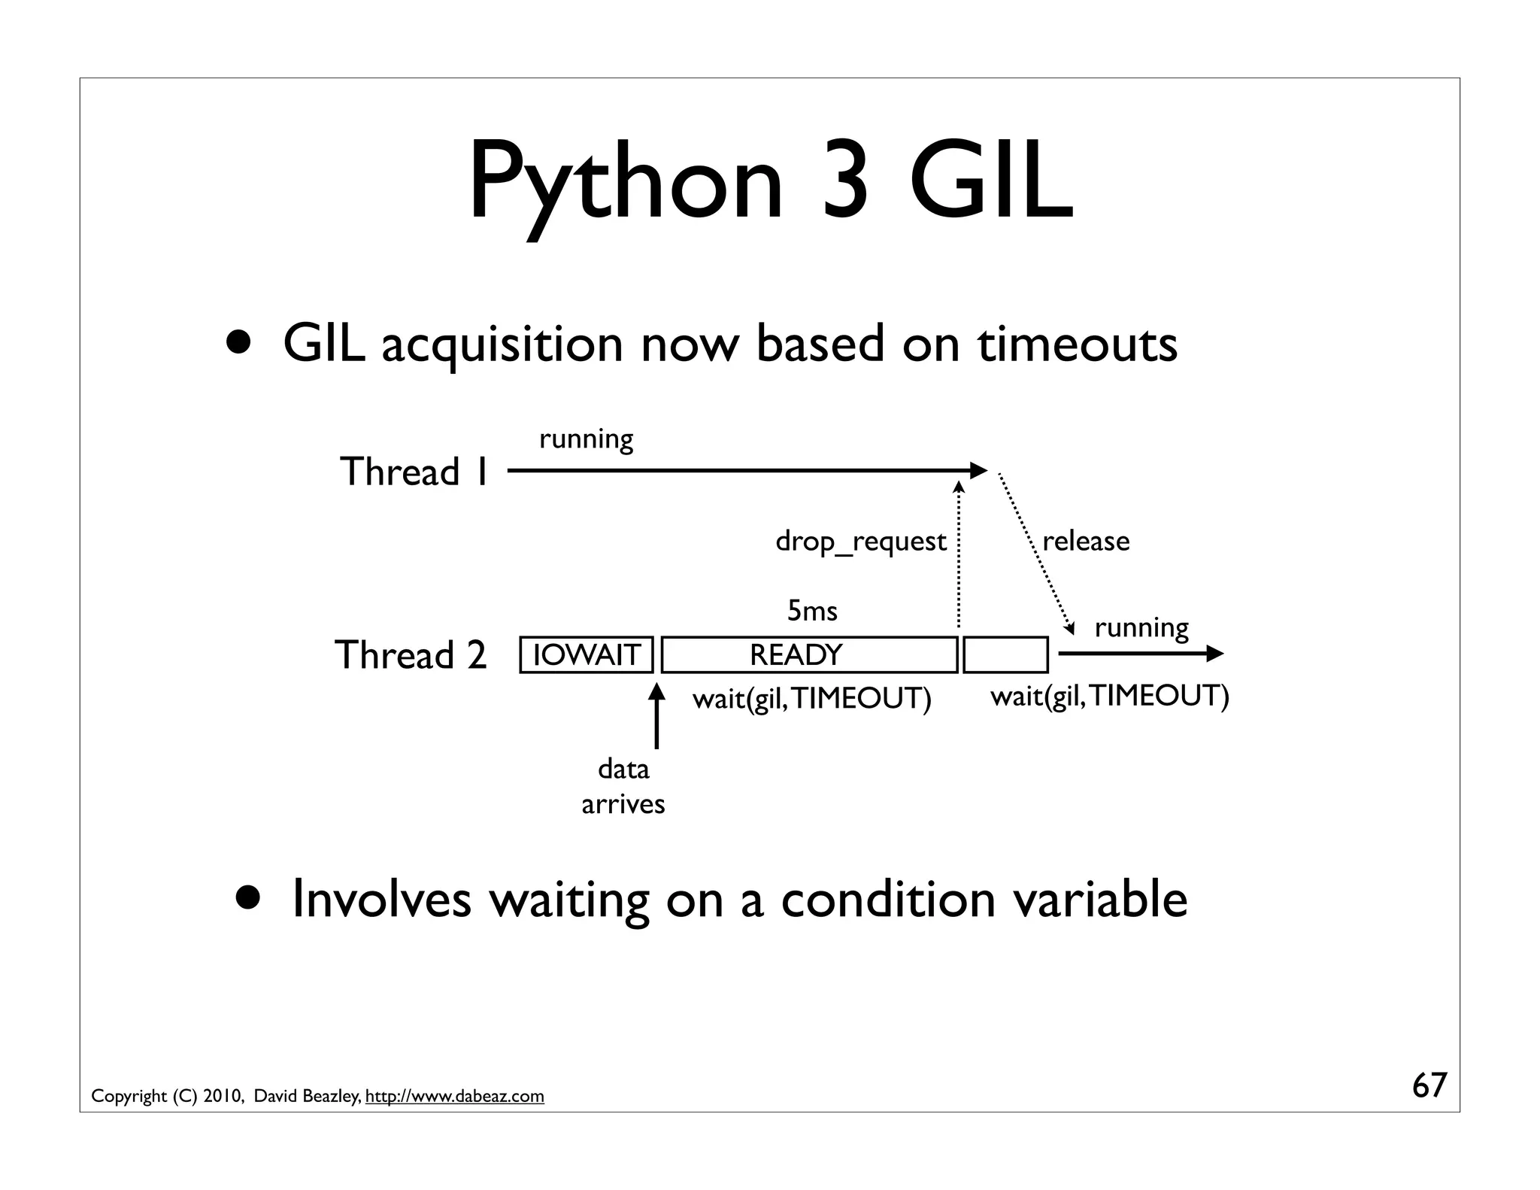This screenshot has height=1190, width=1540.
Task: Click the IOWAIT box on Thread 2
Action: tap(586, 654)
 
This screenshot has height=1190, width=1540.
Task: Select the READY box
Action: tap(809, 654)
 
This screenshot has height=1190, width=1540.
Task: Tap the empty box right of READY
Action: tap(1005, 654)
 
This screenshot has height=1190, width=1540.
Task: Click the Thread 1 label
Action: tap(415, 472)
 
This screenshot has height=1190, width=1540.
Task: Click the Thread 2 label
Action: tap(411, 654)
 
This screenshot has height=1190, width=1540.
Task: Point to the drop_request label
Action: tap(860, 542)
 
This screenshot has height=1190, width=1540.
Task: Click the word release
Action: tap(1085, 542)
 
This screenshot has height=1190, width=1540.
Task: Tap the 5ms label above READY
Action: tap(812, 610)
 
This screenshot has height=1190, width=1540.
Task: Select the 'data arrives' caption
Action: tap(623, 787)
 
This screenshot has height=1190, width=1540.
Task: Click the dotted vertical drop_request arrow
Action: tap(959, 557)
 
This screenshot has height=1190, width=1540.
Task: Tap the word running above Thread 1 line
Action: tap(586, 439)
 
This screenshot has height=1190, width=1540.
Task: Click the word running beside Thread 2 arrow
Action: tap(1141, 627)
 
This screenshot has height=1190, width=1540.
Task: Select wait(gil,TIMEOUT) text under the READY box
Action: tap(811, 699)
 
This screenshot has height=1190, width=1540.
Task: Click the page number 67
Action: tap(1429, 1085)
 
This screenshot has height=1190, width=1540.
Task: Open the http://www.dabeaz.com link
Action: tap(454, 1097)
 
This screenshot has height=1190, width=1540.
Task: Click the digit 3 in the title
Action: tap(845, 183)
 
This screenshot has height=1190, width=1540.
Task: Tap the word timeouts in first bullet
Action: tap(1077, 345)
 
